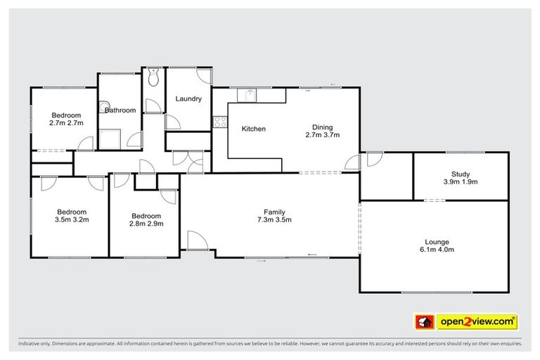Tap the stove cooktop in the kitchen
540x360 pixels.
click(x=220, y=121)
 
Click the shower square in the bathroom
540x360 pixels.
click(x=109, y=139)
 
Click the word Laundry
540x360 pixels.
click(x=188, y=99)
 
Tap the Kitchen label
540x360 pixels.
click(x=253, y=129)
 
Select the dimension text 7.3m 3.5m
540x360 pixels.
click(x=274, y=220)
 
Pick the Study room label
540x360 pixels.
click(x=461, y=174)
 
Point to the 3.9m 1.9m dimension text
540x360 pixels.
click(x=461, y=182)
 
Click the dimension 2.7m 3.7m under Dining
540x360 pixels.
click(x=322, y=135)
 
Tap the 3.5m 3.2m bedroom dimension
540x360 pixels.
click(x=72, y=220)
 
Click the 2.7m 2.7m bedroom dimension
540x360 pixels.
click(x=67, y=123)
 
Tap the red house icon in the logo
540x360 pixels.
click(x=424, y=323)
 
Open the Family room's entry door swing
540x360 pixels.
click(x=198, y=240)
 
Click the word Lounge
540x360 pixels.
click(x=433, y=240)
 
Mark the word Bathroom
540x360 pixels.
click(x=121, y=110)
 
